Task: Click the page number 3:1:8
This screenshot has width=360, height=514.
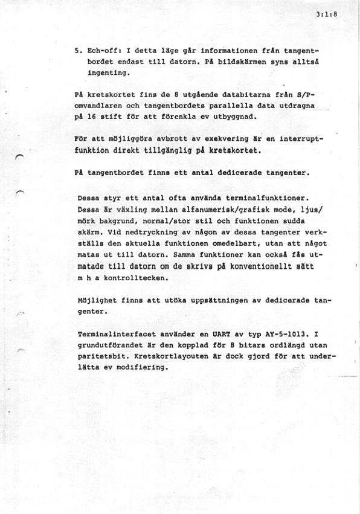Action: pyautogui.click(x=326, y=17)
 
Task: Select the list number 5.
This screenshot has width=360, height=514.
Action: pyautogui.click(x=76, y=51)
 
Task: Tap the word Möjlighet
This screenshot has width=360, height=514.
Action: pyautogui.click(x=97, y=301)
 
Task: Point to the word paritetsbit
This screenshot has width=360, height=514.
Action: pyautogui.click(x=101, y=356)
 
